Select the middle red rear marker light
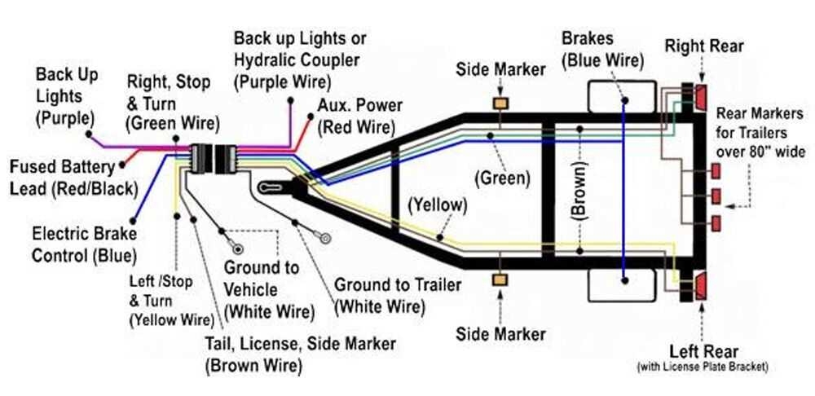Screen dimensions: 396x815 click(x=716, y=196)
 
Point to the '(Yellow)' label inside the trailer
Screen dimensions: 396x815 click(x=439, y=204)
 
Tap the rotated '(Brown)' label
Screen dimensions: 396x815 click(x=576, y=196)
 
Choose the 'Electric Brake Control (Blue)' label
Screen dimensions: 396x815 click(x=84, y=244)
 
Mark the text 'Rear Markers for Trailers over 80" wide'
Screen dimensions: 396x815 click(x=760, y=132)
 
